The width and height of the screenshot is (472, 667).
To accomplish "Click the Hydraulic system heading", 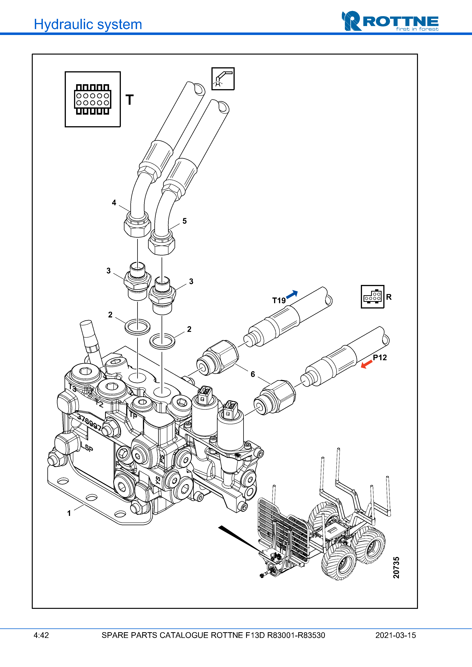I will click(x=88, y=24).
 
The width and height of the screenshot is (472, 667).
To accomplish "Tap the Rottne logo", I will click(x=390, y=21).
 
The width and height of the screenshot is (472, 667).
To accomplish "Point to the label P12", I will click(x=380, y=357).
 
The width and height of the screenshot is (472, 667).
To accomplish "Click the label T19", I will click(x=279, y=300).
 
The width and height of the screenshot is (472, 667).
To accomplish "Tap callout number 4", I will click(x=114, y=202).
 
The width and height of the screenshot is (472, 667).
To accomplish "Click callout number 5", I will click(x=184, y=221).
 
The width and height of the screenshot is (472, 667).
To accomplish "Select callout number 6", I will click(x=253, y=374).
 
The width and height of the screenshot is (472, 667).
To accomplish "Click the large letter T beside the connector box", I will click(x=129, y=100).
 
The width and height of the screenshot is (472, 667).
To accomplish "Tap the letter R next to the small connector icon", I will click(x=389, y=297).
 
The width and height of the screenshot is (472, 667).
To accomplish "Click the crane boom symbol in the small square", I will click(x=223, y=79).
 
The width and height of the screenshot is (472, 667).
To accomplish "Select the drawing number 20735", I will click(x=396, y=567).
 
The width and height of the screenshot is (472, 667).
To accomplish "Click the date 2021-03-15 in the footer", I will click(x=395, y=635).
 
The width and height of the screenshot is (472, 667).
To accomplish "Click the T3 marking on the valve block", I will click(x=72, y=388).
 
